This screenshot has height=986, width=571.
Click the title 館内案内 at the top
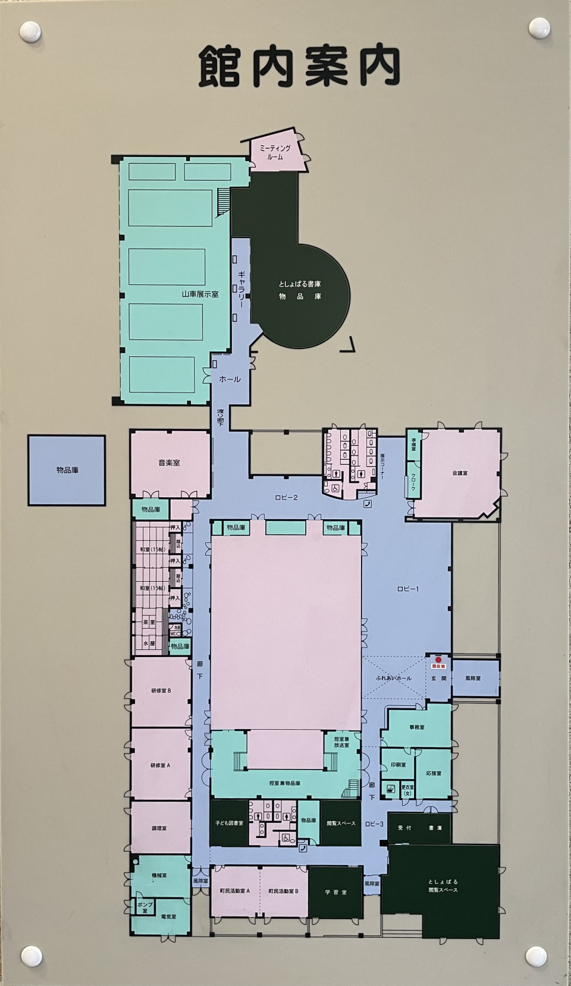(299, 67)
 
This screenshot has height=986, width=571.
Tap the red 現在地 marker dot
(438, 659)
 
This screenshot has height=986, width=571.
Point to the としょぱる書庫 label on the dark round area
(300, 285)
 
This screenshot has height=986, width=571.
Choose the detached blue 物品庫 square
(67, 470)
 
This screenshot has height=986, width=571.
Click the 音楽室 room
(170, 463)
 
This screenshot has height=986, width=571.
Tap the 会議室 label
(459, 473)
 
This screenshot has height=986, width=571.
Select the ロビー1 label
(408, 589)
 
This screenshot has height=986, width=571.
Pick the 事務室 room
(416, 727)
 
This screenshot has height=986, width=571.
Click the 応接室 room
(434, 774)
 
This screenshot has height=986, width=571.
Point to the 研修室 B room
(161, 691)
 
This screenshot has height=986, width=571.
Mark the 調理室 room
(160, 828)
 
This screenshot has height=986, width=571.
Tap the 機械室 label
(159, 875)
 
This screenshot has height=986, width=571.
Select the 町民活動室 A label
(234, 891)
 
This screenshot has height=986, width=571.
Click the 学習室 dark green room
(335, 893)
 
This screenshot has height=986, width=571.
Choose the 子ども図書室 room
(228, 824)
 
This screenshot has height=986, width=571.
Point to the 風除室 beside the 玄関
(473, 678)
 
